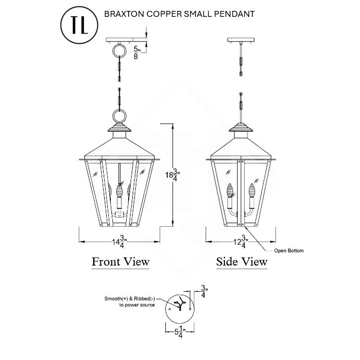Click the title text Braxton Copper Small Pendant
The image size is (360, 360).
click(x=180, y=14)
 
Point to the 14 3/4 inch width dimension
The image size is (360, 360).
click(x=118, y=242)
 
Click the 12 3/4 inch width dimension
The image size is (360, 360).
click(x=241, y=242)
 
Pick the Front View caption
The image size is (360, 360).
click(x=121, y=261)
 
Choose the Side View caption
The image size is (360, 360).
click(x=242, y=261)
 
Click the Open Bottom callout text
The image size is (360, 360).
click(x=289, y=251)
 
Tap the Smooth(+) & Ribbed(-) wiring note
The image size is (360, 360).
click(x=130, y=302)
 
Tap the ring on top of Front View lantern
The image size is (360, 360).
click(x=119, y=116)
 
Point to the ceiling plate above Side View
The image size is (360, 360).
click(x=241, y=40)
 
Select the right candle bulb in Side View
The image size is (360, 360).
click(x=252, y=190)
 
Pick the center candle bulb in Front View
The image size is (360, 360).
click(x=119, y=190)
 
